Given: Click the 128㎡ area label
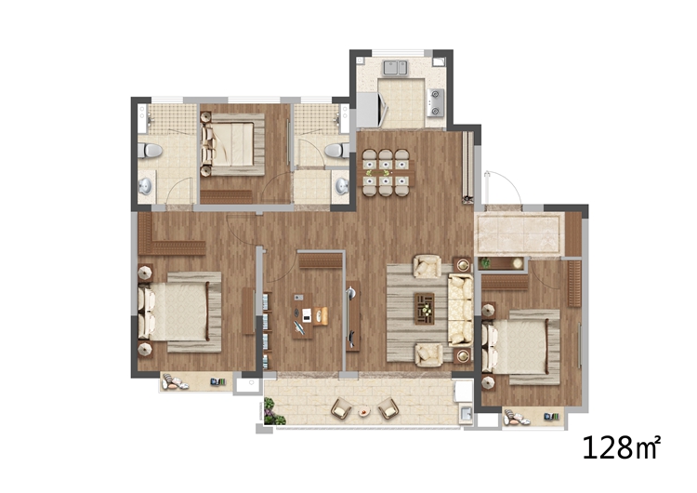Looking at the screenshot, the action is pos(622,447).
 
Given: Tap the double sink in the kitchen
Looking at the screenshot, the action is pos(395,68).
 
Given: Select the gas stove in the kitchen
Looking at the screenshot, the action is pos(435,102).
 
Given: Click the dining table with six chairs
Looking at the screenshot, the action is pos(386,172).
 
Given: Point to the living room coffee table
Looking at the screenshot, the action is pos(425,308).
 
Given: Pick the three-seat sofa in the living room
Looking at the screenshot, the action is pos(461,310).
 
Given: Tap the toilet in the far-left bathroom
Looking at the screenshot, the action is pos(150,151).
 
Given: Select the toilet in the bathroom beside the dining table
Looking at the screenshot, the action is pos(337,151).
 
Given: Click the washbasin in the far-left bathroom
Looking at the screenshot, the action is pos(145,186).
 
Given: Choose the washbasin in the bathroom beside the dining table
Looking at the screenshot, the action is pos(342,186).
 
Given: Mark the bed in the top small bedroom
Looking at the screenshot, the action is pos(232,144).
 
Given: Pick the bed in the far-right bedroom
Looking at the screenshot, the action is pos(521,347).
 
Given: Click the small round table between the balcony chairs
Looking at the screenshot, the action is pos(364,411).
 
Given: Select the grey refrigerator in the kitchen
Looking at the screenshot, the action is pos(369,110).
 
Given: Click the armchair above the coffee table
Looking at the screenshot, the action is pos(427,266).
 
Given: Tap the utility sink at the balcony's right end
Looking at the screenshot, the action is pos(466,413).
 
